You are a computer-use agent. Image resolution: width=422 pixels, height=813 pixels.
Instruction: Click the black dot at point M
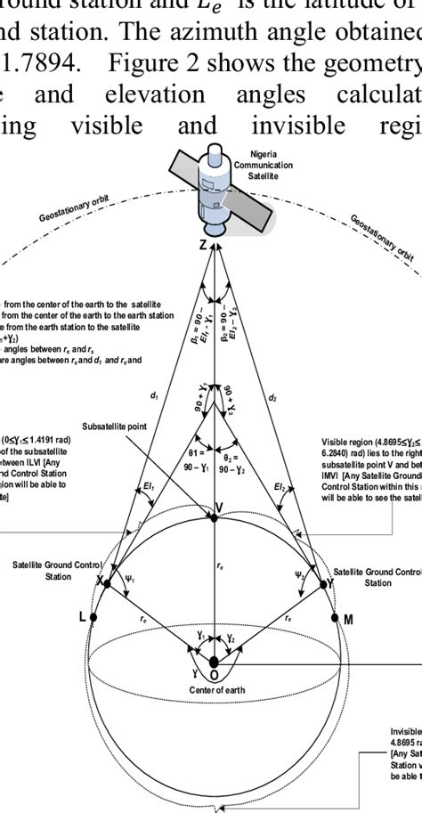334,617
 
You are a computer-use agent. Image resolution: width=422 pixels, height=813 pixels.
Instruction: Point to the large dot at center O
214,662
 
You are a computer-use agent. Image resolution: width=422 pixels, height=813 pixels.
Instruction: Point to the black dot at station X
106,584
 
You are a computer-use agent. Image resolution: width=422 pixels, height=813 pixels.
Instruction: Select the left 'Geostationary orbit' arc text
74,216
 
